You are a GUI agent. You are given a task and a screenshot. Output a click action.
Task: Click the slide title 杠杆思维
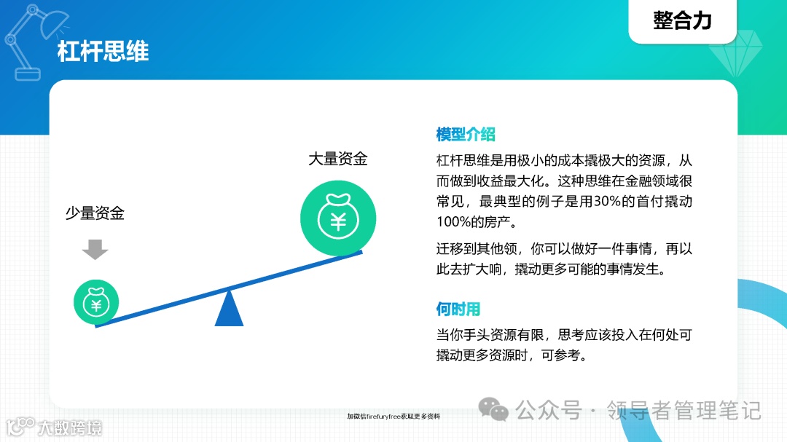point(103,52)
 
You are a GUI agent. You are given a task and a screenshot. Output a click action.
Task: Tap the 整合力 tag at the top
point(682,20)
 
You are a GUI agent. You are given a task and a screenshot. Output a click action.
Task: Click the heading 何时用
point(458,309)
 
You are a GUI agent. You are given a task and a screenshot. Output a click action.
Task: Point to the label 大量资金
point(337,158)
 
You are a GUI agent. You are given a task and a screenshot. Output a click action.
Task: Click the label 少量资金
point(95,213)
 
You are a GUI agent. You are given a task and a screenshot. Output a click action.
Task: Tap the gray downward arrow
point(95,249)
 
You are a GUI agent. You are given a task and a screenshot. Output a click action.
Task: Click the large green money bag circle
point(338,218)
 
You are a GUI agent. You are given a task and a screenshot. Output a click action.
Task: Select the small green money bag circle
point(95,301)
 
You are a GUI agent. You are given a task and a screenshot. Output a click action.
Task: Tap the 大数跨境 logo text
point(70,427)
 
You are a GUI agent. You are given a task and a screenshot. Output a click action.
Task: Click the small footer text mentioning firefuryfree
point(393,417)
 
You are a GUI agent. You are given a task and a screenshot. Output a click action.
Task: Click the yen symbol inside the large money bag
point(338,221)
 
